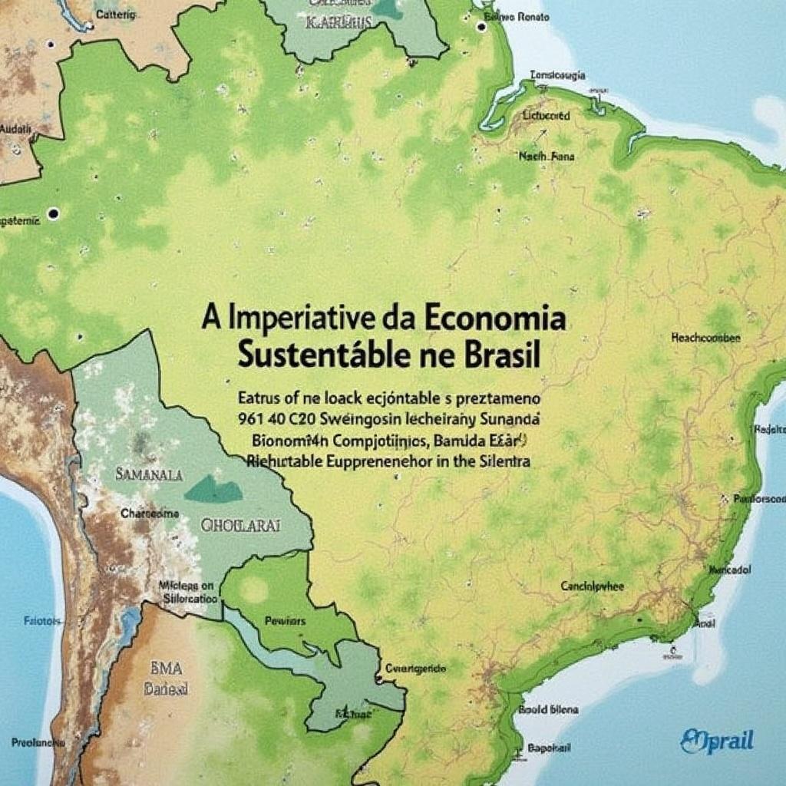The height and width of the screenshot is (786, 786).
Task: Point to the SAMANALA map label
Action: click(149, 475)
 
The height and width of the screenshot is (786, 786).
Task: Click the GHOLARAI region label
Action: click(240, 526)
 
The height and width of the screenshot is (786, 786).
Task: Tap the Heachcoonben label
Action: click(705, 337)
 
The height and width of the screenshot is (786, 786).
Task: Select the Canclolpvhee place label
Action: click(593, 586)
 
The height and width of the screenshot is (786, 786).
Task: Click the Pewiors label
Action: click(285, 620)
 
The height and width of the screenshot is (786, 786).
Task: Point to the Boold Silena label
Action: click(548, 710)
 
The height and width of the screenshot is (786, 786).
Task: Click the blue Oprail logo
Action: click(717, 741)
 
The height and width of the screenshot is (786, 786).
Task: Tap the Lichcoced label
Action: click(546, 116)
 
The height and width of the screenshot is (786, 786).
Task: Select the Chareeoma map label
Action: click(150, 514)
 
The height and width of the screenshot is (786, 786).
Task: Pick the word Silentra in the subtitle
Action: click(498, 462)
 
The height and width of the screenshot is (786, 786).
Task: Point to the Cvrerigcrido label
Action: click(415, 669)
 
